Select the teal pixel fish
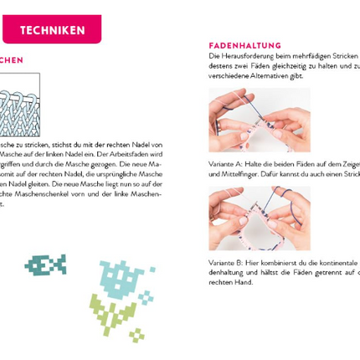(45, 265)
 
